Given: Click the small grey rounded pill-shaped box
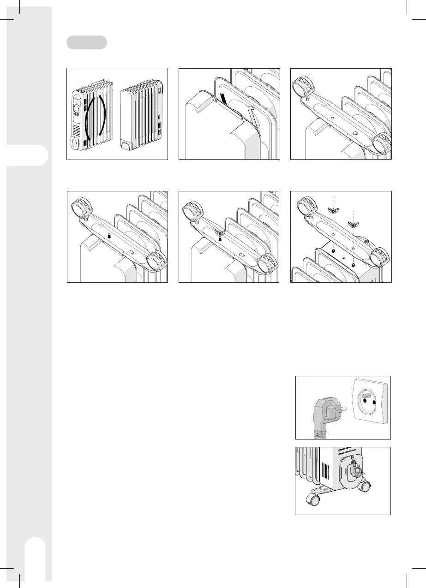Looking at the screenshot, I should coord(87,42).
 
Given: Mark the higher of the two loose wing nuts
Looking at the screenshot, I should coord(332,210).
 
